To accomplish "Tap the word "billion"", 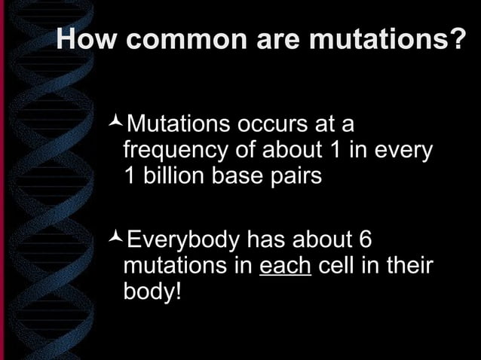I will pos(167,178).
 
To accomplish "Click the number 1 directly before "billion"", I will pos(128,178).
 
